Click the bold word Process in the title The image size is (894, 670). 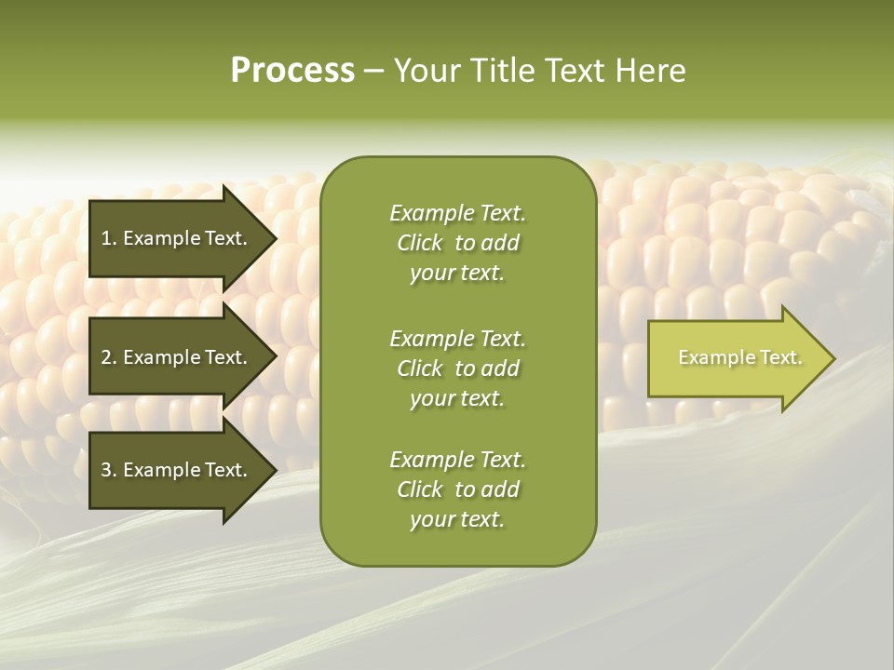(292, 71)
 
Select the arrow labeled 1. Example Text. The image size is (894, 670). (177, 238)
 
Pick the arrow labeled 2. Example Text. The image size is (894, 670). (177, 357)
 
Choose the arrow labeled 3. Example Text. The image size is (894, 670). (177, 470)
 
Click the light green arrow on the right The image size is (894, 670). (736, 358)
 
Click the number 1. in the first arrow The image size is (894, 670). (108, 238)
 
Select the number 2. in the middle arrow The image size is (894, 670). (108, 357)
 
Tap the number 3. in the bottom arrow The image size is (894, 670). (108, 470)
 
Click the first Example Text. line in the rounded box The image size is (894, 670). (457, 213)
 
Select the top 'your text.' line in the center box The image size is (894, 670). (457, 273)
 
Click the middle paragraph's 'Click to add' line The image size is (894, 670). (457, 368)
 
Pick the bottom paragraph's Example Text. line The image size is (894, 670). (457, 460)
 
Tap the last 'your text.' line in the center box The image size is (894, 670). (457, 519)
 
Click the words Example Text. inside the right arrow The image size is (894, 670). (740, 357)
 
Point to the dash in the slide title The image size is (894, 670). (373, 72)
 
